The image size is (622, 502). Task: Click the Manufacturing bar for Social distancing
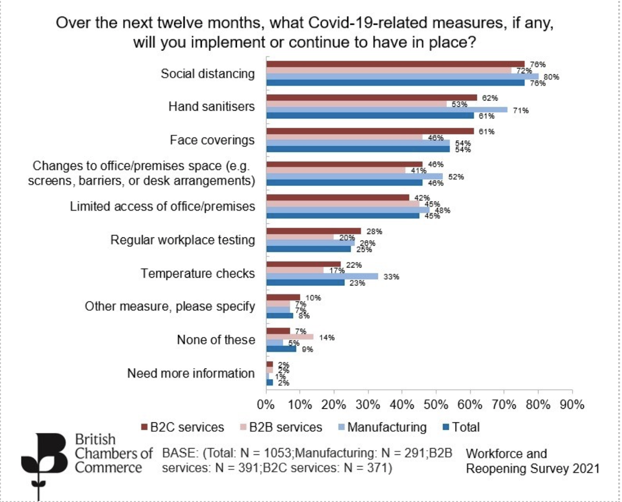click(x=402, y=77)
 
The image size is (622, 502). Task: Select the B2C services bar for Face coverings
click(x=370, y=131)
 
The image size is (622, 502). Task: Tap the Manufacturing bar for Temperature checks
click(x=322, y=276)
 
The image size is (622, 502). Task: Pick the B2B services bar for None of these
click(x=290, y=337)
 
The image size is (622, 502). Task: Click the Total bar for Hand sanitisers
click(x=370, y=116)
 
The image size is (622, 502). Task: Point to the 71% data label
click(x=521, y=111)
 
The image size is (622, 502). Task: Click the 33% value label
click(x=391, y=277)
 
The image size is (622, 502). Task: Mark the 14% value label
click(x=327, y=337)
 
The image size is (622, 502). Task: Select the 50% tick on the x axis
click(x=436, y=405)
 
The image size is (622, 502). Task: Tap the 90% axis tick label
click(x=572, y=405)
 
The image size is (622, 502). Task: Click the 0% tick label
click(x=266, y=405)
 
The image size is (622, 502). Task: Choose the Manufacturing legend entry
click(x=387, y=427)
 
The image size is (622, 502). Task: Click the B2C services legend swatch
click(x=144, y=427)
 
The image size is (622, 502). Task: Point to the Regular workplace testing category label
click(x=182, y=240)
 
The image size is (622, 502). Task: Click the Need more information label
click(x=191, y=373)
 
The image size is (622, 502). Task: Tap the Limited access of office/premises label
click(x=162, y=206)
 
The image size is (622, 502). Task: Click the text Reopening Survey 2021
click(x=533, y=469)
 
